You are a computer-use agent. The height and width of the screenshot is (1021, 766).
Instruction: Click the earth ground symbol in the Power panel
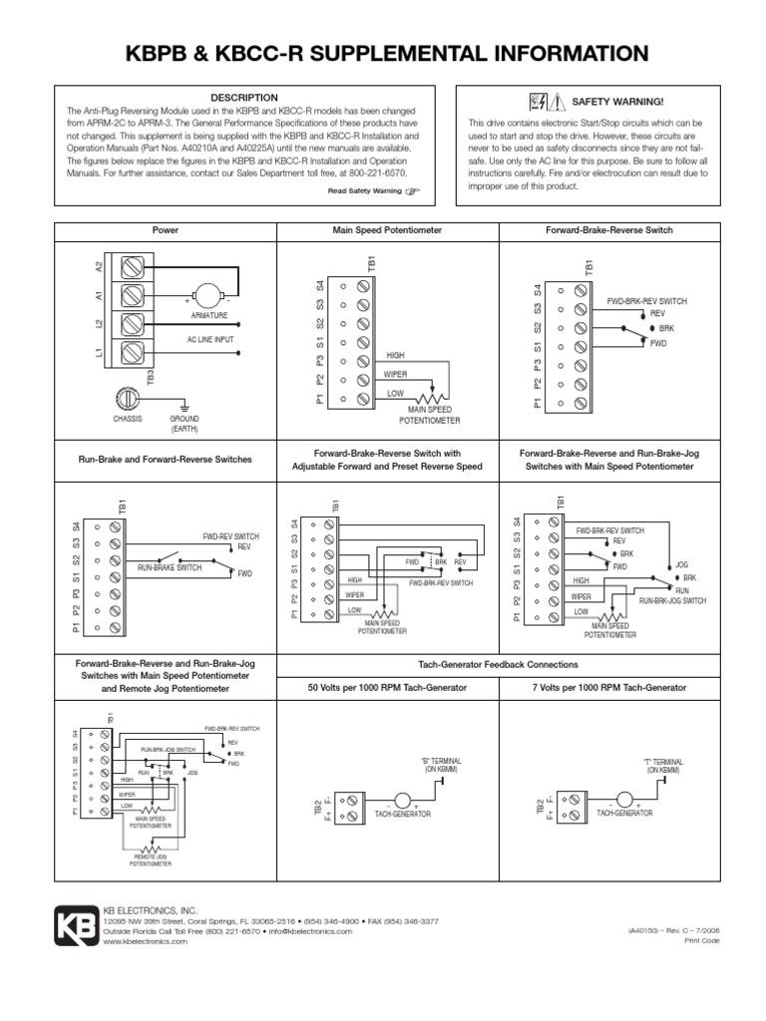[184, 406]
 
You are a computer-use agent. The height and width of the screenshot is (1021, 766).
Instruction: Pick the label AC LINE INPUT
[210, 339]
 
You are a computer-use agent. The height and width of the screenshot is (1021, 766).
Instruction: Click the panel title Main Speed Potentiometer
[386, 230]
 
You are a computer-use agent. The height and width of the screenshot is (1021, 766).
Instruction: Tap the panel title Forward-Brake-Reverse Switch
[608, 230]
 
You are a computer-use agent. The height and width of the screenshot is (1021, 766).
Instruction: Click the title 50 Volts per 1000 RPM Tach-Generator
[386, 688]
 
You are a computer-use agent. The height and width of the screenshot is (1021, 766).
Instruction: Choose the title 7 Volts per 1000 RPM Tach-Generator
[608, 688]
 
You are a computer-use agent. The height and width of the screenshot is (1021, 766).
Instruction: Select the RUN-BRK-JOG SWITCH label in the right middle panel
[673, 601]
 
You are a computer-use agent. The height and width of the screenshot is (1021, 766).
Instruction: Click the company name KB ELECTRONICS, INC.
[151, 910]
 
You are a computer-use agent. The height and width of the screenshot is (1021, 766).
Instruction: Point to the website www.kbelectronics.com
[146, 941]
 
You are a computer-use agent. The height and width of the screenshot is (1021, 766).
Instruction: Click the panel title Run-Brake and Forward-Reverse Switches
[165, 460]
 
